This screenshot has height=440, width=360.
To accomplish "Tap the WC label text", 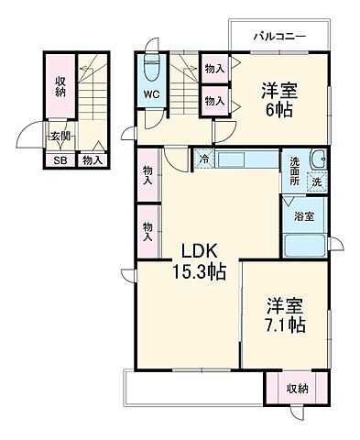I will tap(151, 93).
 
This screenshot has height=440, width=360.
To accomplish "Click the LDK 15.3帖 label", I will tap(195, 261).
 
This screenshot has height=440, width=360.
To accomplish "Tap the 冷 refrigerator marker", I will tap(202, 157).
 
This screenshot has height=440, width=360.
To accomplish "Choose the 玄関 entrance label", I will tap(60, 137).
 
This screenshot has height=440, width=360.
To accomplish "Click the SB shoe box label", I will tap(60, 160).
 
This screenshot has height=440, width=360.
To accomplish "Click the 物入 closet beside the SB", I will tap(91, 160).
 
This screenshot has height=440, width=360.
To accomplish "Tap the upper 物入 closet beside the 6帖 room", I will tap(214, 67).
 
